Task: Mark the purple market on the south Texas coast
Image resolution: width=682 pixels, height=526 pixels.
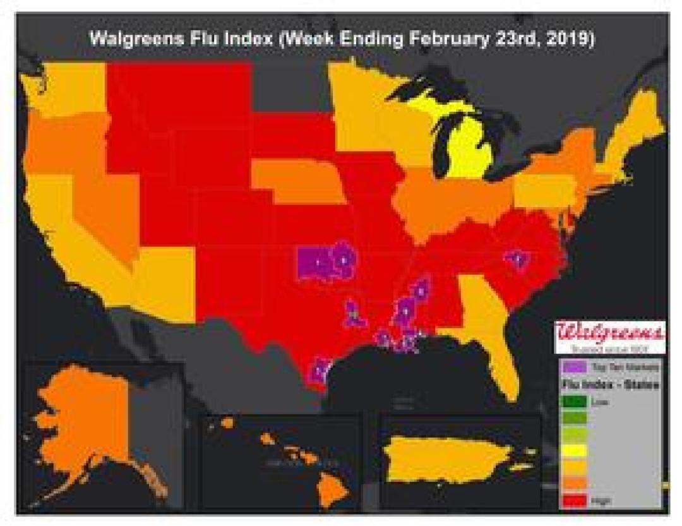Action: pyautogui.click(x=320, y=369)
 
